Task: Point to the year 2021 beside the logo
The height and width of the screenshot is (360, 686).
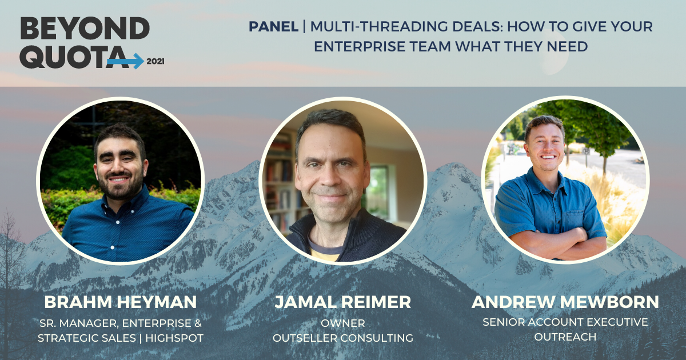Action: point(155,61)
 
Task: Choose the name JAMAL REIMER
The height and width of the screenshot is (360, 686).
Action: point(342,302)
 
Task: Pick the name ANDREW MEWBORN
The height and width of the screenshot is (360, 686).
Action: point(565,302)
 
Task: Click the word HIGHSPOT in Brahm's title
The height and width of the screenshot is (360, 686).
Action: point(175,338)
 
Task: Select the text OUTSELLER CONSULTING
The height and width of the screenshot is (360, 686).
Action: point(342,338)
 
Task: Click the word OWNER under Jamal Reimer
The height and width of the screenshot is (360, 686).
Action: point(342,323)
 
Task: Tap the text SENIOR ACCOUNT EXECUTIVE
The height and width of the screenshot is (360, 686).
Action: point(565,322)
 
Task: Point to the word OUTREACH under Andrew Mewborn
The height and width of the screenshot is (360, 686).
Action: point(565,337)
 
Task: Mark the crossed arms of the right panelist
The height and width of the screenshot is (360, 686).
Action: point(549,240)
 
